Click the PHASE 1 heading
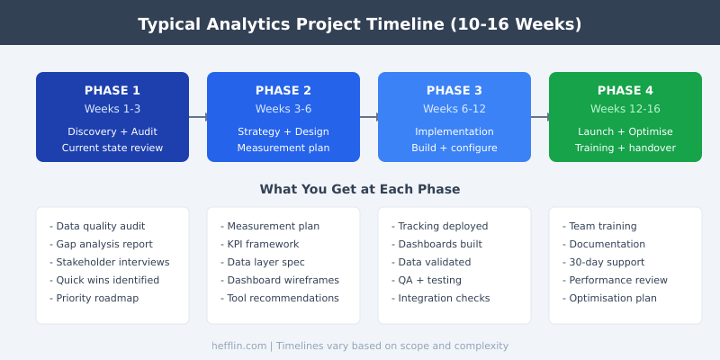pos(112,90)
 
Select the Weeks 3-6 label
pos(283,109)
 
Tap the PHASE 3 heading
pos(454,90)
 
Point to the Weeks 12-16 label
pos(625,109)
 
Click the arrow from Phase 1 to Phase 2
pos(198,117)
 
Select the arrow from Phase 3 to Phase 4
pos(540,117)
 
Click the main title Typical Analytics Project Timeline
pos(360,24)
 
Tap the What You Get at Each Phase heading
pos(360,189)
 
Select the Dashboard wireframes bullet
pos(280,280)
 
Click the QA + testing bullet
pos(429,280)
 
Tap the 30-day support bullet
pos(603,262)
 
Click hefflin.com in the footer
pos(238,346)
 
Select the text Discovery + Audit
pos(112,131)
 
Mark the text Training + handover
pos(625,148)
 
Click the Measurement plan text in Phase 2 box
pos(283,148)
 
